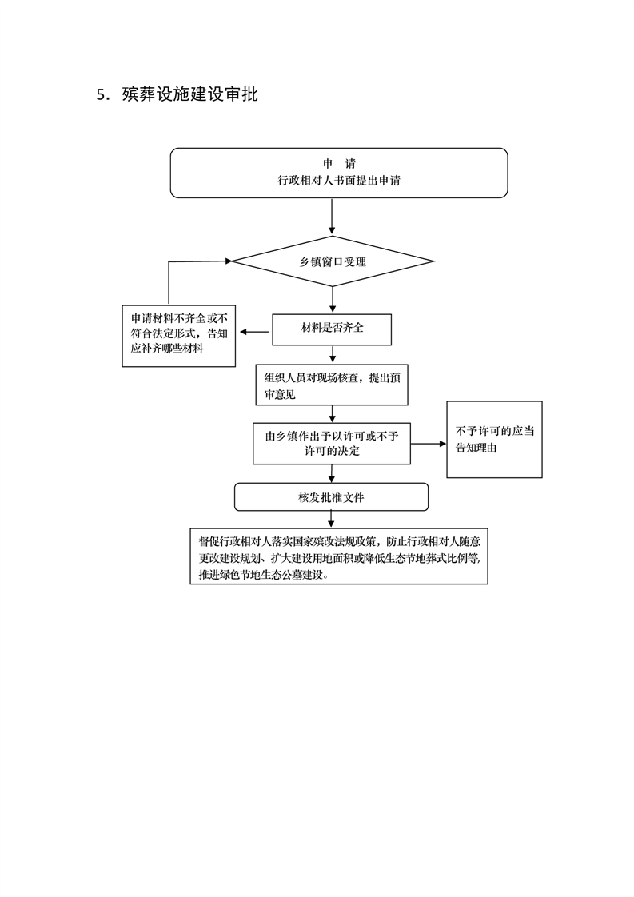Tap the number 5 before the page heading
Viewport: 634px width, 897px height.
click(x=101, y=95)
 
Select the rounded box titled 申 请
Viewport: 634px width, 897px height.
click(x=339, y=172)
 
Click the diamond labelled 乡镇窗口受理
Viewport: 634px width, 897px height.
click(x=333, y=261)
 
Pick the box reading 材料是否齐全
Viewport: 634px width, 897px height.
click(x=332, y=329)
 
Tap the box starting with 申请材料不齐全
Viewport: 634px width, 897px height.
click(x=178, y=335)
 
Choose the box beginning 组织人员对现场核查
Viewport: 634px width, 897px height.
click(x=331, y=386)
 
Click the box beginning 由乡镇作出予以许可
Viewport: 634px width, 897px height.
click(x=332, y=443)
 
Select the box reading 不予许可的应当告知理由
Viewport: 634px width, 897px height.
click(x=494, y=440)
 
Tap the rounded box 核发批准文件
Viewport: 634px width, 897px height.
click(x=331, y=496)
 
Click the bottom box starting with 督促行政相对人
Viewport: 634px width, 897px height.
click(x=338, y=555)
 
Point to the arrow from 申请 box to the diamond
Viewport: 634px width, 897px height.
click(x=332, y=216)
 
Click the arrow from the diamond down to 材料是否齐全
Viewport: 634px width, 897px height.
click(x=332, y=300)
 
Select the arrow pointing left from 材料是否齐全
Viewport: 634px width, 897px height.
click(x=254, y=332)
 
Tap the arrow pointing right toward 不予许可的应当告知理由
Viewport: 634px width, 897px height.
click(x=429, y=444)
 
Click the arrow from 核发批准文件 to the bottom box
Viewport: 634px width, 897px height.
click(x=332, y=519)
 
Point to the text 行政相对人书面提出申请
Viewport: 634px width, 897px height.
click(x=339, y=181)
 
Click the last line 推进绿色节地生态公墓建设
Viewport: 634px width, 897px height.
click(x=264, y=574)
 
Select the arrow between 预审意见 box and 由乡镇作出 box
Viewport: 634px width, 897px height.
click(x=332, y=413)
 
